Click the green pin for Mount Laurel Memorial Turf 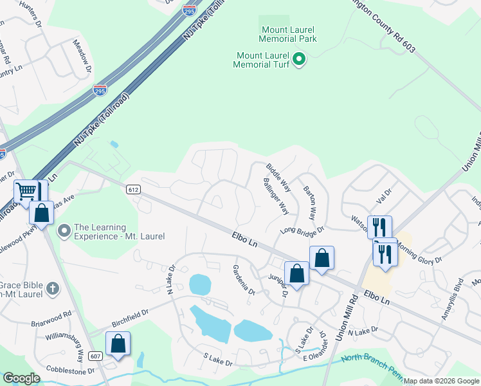pyautogui.click(x=298, y=60)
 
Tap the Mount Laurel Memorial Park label pyautogui.click(x=289, y=34)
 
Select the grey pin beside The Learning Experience pyautogui.click(x=64, y=230)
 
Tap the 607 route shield pyautogui.click(x=96, y=356)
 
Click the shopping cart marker pyautogui.click(x=26, y=190)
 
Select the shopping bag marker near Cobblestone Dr pyautogui.click(x=118, y=344)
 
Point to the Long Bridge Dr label pyautogui.click(x=302, y=230)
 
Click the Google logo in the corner pyautogui.click(x=21, y=378)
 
